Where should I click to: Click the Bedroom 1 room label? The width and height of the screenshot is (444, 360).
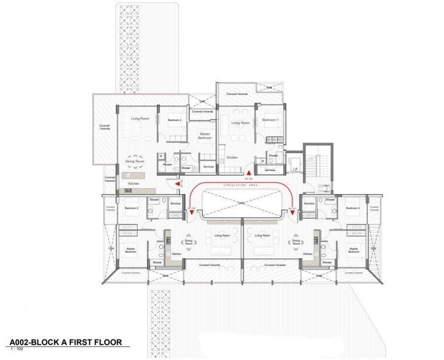(x=269, y=120)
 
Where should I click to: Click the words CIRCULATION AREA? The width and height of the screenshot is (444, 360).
(x=241, y=185)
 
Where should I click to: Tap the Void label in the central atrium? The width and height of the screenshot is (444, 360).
(x=241, y=203)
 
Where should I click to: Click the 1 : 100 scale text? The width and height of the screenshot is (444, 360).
(x=16, y=349)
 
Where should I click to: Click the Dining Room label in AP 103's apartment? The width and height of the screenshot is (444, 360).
(x=134, y=161)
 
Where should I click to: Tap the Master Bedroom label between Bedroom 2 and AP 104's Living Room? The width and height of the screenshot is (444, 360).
(x=205, y=136)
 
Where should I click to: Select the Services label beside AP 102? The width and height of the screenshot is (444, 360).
(x=175, y=203)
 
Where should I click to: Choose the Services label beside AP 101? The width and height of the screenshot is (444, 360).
(x=309, y=203)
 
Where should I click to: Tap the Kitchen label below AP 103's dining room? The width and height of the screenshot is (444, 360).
(x=134, y=184)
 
